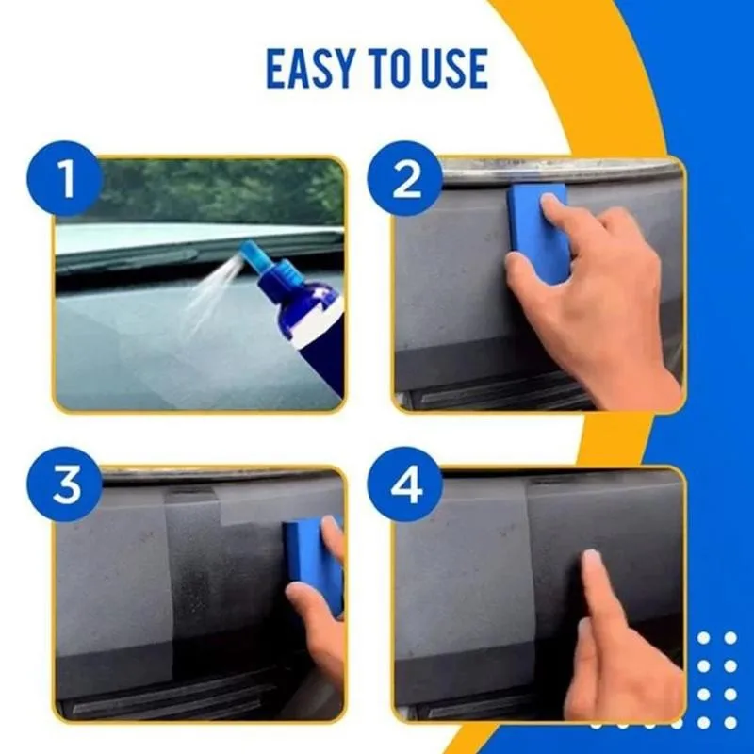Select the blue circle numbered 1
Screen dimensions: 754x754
click(66, 179)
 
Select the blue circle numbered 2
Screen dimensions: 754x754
click(406, 179)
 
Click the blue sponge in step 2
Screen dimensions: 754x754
click(539, 231)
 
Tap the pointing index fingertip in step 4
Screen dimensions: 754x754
click(591, 560)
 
